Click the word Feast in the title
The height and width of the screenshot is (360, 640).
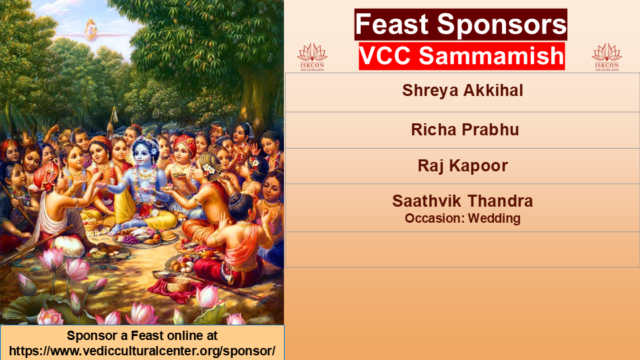click(391, 25)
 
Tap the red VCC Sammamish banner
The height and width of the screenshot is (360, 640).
click(461, 56)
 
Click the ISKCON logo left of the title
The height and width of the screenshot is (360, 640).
click(312, 57)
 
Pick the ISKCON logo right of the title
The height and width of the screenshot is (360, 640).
click(607, 57)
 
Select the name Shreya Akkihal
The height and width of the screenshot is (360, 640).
click(463, 91)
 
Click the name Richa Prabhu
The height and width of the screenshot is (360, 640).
click(465, 130)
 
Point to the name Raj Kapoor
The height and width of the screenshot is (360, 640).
click(463, 166)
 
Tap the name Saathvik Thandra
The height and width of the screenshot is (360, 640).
click(463, 201)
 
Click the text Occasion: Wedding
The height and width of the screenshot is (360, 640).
click(463, 219)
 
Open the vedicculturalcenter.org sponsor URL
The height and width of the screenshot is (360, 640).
click(142, 351)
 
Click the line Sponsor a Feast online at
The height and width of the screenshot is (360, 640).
click(142, 335)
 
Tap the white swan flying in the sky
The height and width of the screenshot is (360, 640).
click(91, 30)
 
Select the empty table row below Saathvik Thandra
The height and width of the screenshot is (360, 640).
click(463, 250)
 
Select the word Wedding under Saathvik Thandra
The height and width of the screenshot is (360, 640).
click(494, 219)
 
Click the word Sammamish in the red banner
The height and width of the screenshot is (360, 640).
click(491, 56)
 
